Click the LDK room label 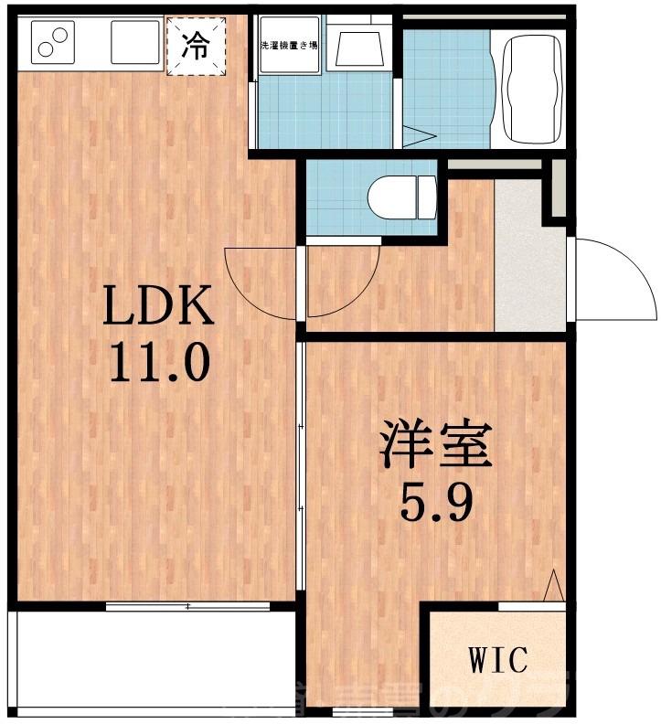click(158, 306)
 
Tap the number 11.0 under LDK click(160, 363)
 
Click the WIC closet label click(498, 657)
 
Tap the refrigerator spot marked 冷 click(196, 46)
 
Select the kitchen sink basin click(135, 42)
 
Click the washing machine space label click(289, 45)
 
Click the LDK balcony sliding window click(187, 606)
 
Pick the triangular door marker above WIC click(553, 587)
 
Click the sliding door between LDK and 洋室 click(301, 466)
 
